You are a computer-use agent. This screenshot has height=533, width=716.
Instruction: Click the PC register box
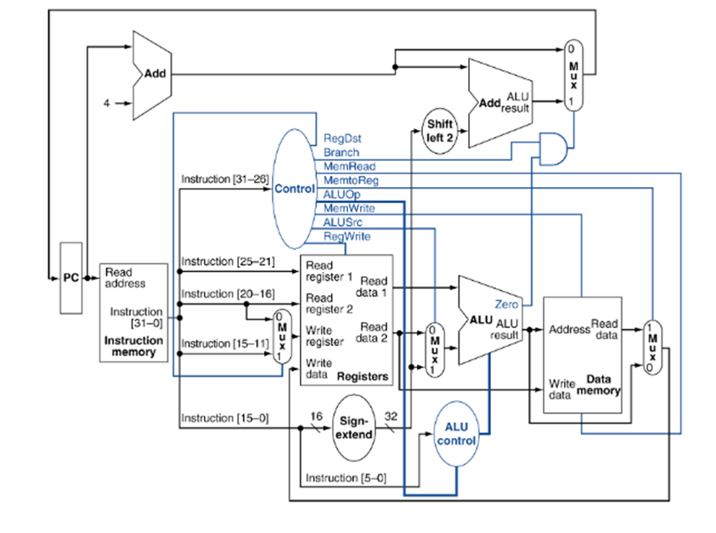[x=71, y=278]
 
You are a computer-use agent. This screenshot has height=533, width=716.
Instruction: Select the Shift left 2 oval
[x=440, y=131]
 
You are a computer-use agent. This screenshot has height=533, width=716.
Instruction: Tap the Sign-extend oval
[x=354, y=428]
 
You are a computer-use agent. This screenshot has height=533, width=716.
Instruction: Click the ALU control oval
[x=456, y=434]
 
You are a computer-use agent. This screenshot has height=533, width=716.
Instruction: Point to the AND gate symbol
[x=554, y=149]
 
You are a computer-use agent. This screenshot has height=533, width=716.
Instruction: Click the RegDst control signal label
[x=342, y=138]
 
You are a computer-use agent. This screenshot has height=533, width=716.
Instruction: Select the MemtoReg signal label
[x=351, y=180]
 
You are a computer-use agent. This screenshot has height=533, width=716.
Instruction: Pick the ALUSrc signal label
[x=342, y=223]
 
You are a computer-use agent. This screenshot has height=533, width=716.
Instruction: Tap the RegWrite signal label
[x=347, y=236]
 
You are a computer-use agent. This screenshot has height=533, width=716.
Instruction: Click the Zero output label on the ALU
[x=506, y=304]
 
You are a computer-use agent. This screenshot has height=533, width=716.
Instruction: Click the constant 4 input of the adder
[x=106, y=104]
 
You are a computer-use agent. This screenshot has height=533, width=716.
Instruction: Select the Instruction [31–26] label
[x=225, y=179]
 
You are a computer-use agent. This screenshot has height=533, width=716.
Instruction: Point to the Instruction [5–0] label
[x=346, y=478]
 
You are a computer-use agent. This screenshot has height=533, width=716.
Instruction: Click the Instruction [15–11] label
[x=225, y=343]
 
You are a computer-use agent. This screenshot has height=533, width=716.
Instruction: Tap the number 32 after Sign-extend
[x=391, y=416]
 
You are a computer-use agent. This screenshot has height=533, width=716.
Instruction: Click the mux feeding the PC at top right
[x=573, y=76]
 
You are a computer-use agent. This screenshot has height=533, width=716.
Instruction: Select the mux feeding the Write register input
[x=282, y=337]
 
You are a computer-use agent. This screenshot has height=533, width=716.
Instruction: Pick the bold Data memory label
[x=598, y=385]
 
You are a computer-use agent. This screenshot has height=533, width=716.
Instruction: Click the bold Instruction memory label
[x=133, y=346]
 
